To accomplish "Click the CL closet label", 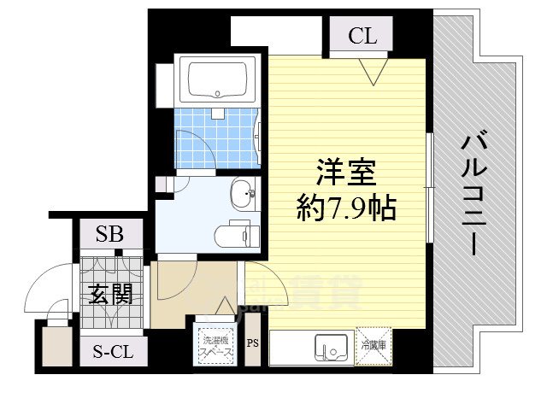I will (x=362, y=37).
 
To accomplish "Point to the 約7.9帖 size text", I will (x=345, y=207).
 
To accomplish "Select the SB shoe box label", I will (x=109, y=234).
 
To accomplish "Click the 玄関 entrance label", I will (x=109, y=295).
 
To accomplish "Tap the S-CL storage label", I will (x=111, y=350).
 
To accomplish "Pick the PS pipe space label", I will (x=252, y=344).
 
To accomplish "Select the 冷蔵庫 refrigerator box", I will (x=373, y=346).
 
